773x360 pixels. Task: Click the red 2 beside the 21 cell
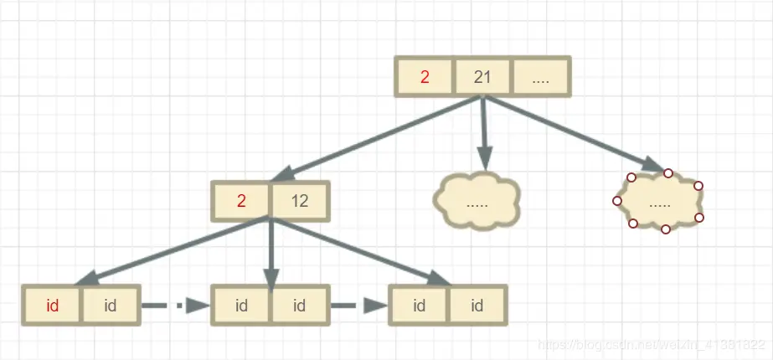tap(425, 78)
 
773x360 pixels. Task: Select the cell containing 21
tap(482, 78)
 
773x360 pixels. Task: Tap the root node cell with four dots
tap(540, 78)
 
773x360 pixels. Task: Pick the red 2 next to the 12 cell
tap(242, 202)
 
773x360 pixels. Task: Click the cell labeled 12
tap(299, 202)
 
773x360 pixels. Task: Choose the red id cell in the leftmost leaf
tap(53, 306)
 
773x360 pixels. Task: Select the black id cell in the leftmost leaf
tap(110, 306)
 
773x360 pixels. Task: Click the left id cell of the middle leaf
tap(242, 306)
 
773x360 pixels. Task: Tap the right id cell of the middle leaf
tap(299, 306)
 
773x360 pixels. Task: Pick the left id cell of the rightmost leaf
tap(420, 306)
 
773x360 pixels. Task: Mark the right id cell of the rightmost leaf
tap(477, 306)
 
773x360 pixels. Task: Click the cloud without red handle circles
tap(477, 202)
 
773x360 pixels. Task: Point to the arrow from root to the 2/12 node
tap(377, 139)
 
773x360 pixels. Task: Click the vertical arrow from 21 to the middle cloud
tap(482, 134)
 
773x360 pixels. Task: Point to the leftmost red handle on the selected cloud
tap(617, 201)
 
